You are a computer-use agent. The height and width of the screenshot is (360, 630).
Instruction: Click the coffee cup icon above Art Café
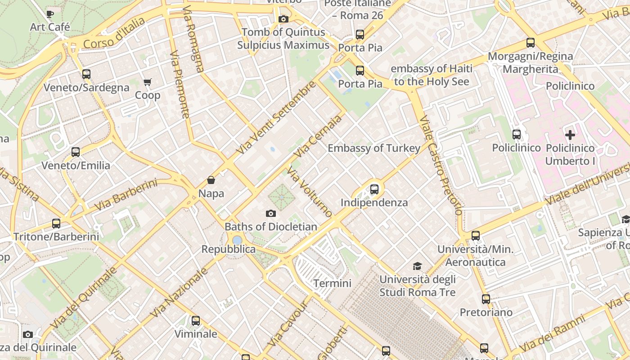click(x=50, y=14)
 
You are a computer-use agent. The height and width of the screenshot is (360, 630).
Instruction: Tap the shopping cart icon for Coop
click(x=147, y=82)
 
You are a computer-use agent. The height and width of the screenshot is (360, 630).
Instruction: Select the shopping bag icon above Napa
click(x=211, y=180)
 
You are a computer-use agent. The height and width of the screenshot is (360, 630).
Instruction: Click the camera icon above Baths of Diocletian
click(x=270, y=213)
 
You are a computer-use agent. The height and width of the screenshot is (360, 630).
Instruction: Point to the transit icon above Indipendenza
click(x=374, y=189)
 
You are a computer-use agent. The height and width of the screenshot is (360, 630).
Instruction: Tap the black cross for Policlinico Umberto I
click(x=570, y=135)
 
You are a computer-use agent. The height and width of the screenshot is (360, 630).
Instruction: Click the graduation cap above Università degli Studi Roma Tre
click(x=418, y=266)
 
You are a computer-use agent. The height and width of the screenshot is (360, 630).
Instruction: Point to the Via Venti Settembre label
click(x=276, y=118)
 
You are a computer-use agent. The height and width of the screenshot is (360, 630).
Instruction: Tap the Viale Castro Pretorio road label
click(x=440, y=165)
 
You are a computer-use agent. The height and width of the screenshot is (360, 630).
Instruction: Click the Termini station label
click(x=332, y=283)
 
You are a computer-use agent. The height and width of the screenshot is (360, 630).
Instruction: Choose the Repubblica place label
click(x=228, y=249)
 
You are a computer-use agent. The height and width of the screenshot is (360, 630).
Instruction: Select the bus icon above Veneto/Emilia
click(x=76, y=152)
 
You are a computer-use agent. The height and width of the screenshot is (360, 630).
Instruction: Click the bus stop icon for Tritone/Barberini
click(x=56, y=223)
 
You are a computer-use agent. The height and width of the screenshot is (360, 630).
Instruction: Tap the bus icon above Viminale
click(x=196, y=320)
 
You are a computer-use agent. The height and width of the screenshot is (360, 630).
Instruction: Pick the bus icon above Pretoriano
click(x=486, y=299)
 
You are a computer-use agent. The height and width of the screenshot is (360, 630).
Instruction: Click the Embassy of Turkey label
click(x=374, y=148)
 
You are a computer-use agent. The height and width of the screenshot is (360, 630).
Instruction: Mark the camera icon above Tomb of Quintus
click(x=283, y=19)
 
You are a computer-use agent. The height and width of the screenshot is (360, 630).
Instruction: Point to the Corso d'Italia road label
click(x=114, y=33)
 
